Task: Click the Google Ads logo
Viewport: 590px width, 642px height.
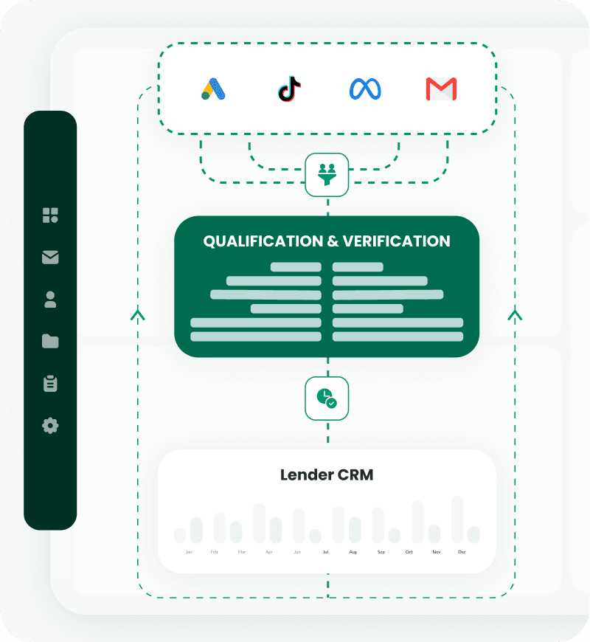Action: click(213, 89)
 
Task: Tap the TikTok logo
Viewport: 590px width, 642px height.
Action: click(289, 89)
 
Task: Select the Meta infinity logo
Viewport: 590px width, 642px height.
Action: click(365, 89)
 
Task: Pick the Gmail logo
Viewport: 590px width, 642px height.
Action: click(441, 89)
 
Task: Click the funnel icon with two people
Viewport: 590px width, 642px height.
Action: click(327, 175)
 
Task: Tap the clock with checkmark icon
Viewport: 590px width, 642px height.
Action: click(327, 399)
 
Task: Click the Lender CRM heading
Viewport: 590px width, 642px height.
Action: click(327, 474)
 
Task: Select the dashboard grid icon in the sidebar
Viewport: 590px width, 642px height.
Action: click(50, 215)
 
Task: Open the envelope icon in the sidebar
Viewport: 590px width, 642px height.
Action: click(50, 258)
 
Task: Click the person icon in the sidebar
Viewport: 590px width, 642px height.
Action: click(50, 300)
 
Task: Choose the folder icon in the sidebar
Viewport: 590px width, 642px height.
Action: click(50, 341)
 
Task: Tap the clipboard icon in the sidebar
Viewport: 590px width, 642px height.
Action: click(50, 384)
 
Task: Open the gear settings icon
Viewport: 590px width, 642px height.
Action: click(50, 426)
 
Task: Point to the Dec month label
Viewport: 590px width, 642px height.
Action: click(462, 552)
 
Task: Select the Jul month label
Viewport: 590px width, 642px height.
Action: click(325, 552)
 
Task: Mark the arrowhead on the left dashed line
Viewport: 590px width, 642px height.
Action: click(138, 315)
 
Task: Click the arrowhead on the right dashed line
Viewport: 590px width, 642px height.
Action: click(515, 315)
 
